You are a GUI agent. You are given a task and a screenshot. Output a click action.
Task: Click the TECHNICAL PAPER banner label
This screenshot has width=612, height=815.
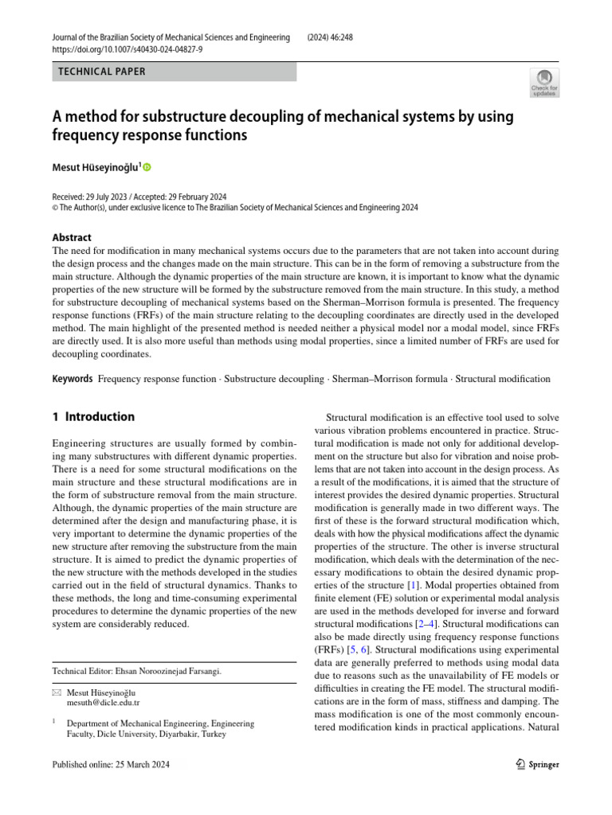(102, 72)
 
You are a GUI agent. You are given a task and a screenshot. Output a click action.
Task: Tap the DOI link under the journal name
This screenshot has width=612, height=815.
(127, 49)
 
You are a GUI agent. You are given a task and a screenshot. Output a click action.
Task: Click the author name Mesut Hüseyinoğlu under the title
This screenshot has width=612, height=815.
(96, 167)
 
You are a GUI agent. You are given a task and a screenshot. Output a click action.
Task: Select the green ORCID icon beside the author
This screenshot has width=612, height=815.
(147, 167)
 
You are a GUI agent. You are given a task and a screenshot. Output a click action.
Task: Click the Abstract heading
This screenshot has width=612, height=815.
(72, 237)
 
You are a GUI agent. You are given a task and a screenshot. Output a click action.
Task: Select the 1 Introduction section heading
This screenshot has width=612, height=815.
(93, 416)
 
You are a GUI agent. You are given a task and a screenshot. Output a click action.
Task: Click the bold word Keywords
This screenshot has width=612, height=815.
(73, 380)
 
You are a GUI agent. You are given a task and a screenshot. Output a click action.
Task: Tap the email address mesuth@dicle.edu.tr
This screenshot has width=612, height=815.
(104, 703)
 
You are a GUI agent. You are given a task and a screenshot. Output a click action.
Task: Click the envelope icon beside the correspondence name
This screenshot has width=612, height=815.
(56, 692)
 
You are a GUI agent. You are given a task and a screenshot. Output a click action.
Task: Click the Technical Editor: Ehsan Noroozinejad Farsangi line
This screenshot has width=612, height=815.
(136, 671)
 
